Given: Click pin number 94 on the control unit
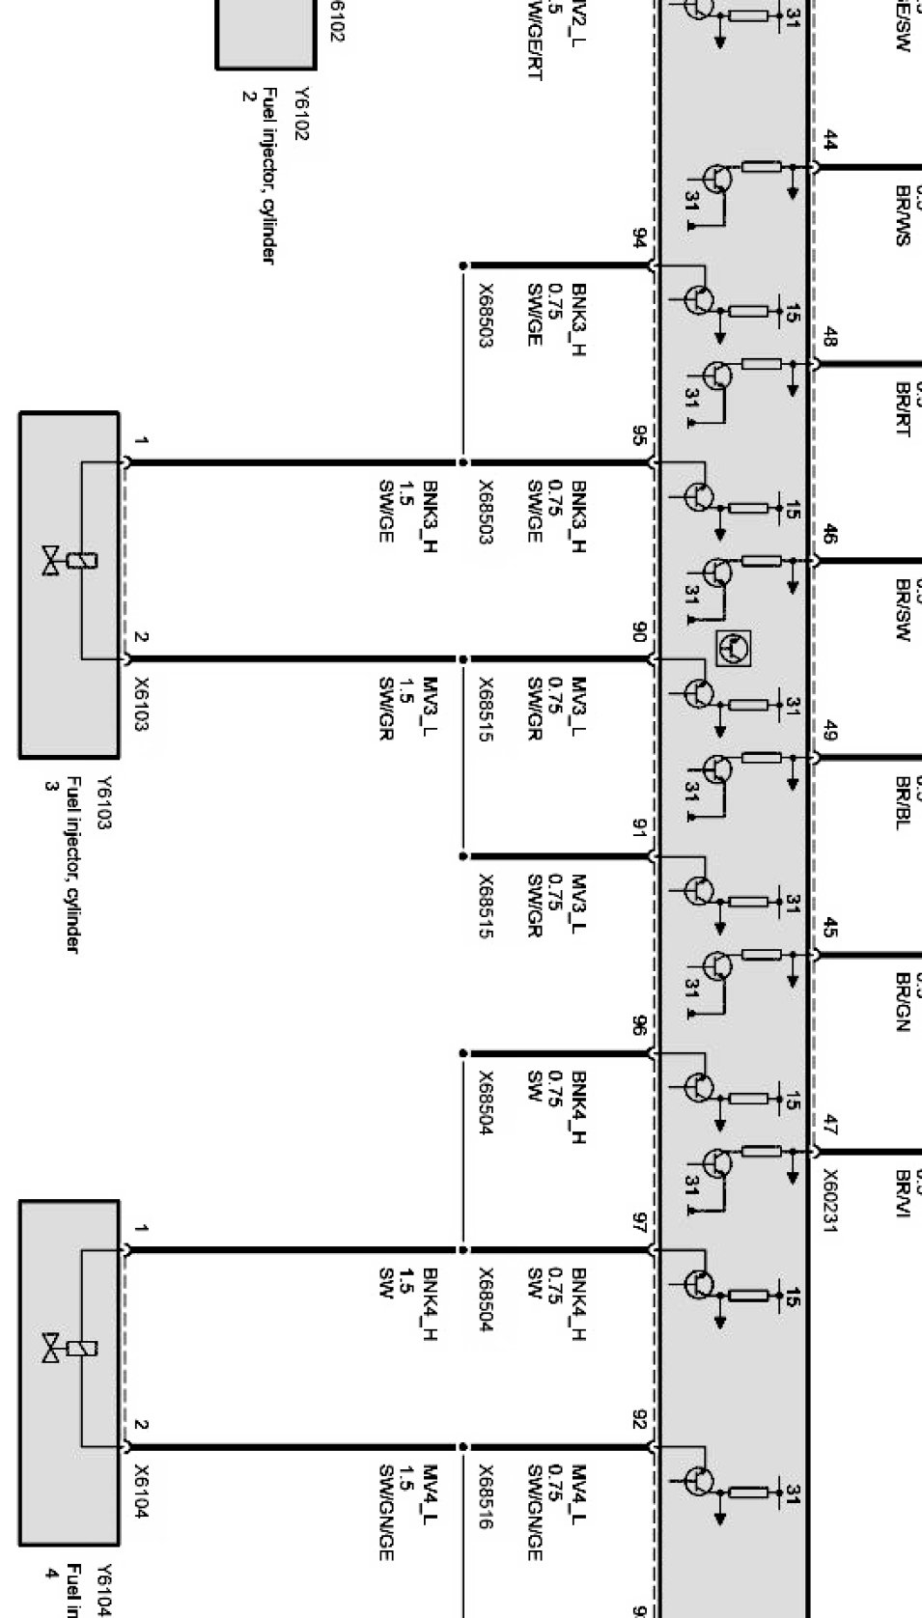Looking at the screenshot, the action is [639, 238].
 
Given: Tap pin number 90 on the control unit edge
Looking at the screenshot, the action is [639, 632].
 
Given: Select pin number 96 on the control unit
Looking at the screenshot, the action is [639, 1026].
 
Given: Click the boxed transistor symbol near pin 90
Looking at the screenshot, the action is [735, 646].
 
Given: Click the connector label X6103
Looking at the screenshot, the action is [141, 703].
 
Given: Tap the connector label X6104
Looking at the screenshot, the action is [141, 1491].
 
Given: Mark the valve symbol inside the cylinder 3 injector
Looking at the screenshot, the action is [51, 561].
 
